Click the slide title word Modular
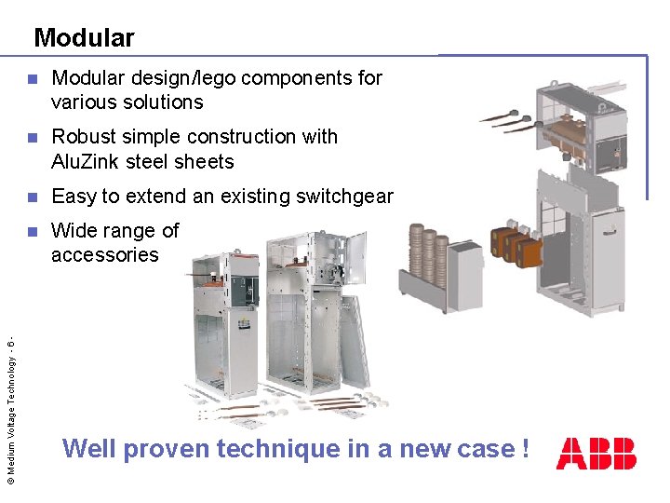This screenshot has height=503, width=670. tap(84, 38)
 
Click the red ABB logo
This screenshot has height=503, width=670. tap(596, 453)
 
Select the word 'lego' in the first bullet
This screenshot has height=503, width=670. tap(255, 78)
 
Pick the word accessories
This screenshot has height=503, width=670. tap(105, 255)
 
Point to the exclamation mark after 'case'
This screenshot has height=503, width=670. tap(526, 449)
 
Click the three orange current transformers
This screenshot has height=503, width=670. tap(514, 247)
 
